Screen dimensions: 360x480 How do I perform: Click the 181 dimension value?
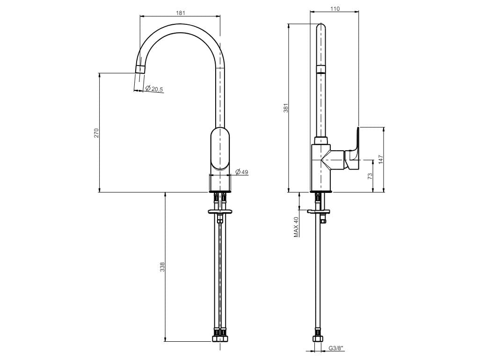(181, 13)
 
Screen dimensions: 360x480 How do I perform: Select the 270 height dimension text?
(96, 132)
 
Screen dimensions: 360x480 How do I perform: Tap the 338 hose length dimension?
(162, 267)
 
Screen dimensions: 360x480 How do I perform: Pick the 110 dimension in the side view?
(335, 8)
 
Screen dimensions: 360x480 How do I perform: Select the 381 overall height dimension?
(286, 108)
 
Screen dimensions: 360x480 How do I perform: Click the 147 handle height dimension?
(381, 159)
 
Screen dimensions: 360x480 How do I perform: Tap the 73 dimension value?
(370, 176)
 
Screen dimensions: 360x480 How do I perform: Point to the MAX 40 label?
(296, 227)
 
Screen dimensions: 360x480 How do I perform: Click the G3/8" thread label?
(336, 348)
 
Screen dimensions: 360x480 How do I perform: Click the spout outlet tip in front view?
(139, 69)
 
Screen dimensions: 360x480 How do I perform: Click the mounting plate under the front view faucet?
(219, 212)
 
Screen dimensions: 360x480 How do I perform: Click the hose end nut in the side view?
(319, 339)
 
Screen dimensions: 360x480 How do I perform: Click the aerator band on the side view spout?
(321, 70)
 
